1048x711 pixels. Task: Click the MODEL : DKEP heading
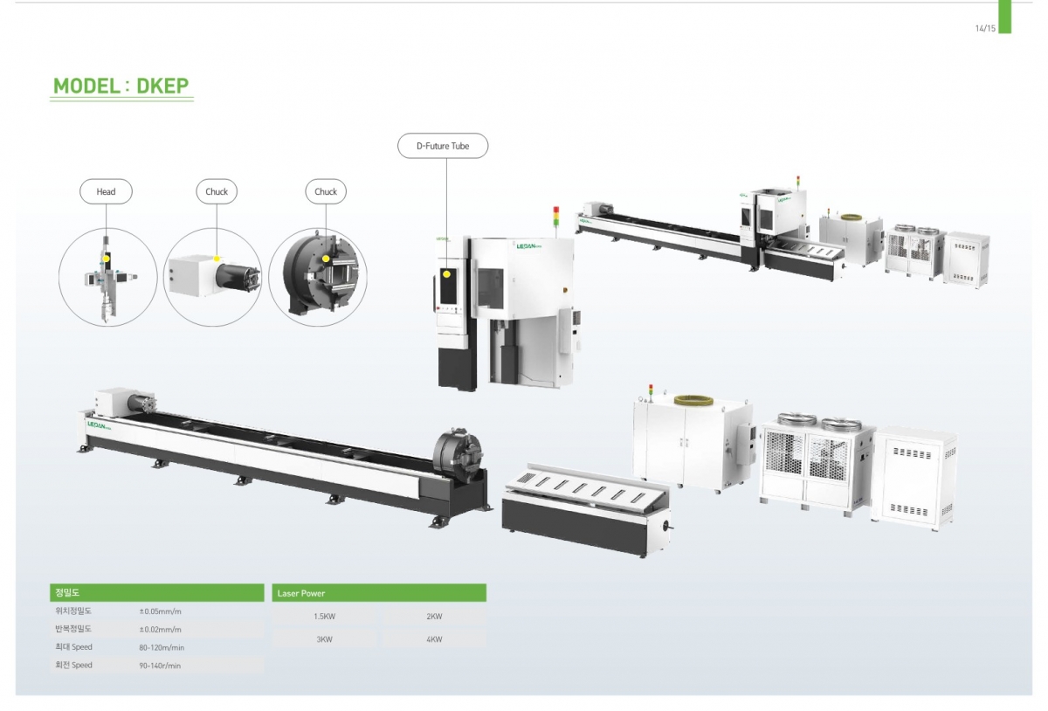coord(121,86)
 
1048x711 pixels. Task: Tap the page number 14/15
coord(985,29)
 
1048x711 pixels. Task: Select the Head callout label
coord(106,191)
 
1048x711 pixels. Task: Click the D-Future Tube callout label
coord(443,146)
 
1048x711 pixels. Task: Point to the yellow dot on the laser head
coord(107,258)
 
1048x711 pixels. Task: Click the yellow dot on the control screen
coord(447,274)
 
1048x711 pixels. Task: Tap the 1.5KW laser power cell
coord(324,617)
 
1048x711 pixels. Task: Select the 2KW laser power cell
coord(434,617)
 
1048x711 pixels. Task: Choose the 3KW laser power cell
coord(324,639)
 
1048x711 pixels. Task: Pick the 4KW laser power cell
coord(434,639)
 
